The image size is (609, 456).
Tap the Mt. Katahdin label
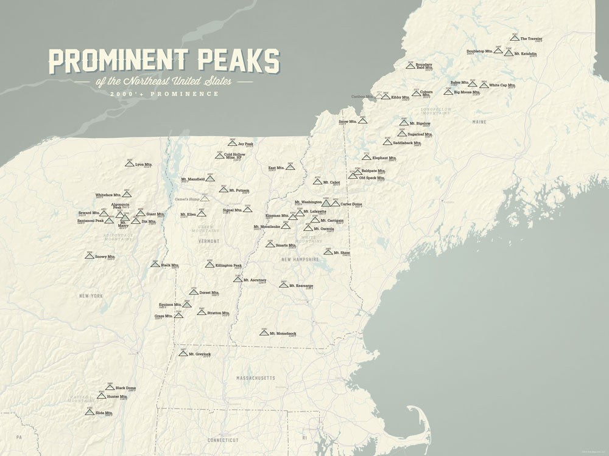526,54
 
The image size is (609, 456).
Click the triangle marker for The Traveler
515,38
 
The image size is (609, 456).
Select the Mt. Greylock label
199,354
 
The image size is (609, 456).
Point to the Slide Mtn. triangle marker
90,412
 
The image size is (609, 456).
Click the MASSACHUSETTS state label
256,378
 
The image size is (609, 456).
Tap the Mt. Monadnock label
282,333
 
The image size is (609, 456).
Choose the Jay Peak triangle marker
232,143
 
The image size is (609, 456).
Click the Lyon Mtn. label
143,164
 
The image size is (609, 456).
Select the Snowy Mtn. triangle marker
90,257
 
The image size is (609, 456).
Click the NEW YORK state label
91,295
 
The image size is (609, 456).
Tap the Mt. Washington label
308,202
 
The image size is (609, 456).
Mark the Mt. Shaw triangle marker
328,252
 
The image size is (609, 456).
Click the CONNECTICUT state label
223,440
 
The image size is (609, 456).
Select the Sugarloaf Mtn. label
420,134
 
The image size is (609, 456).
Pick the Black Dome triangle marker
110,387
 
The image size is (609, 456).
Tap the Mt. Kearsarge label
301,285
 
